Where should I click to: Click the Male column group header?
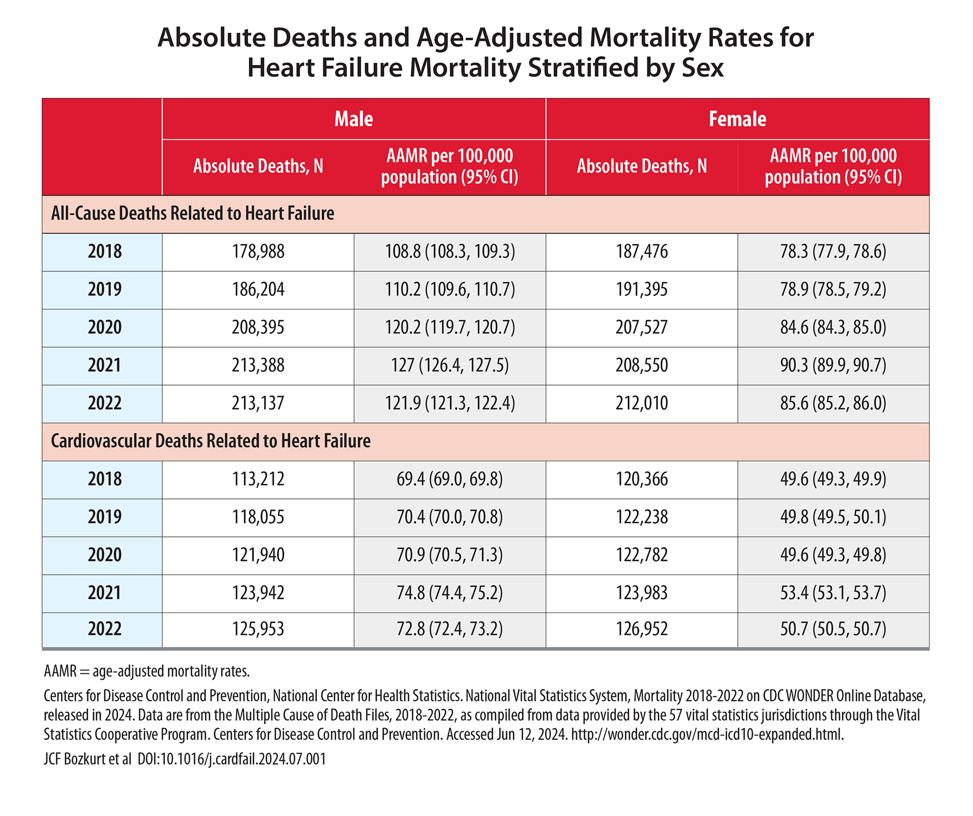354,119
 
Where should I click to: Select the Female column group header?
737,119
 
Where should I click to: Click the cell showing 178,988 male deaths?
258,252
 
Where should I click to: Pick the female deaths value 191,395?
642,289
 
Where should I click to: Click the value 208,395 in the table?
258,327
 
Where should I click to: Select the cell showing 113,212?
258,479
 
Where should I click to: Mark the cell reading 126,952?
642,629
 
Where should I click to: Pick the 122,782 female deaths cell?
642,555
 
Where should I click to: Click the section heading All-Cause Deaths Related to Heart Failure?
192,213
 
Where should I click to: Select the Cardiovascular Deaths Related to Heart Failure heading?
211,441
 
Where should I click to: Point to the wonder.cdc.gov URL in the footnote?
708,734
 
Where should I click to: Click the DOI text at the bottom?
232,759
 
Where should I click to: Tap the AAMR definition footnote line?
146,671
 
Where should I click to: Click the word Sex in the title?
702,68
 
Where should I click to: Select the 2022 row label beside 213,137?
105,403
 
